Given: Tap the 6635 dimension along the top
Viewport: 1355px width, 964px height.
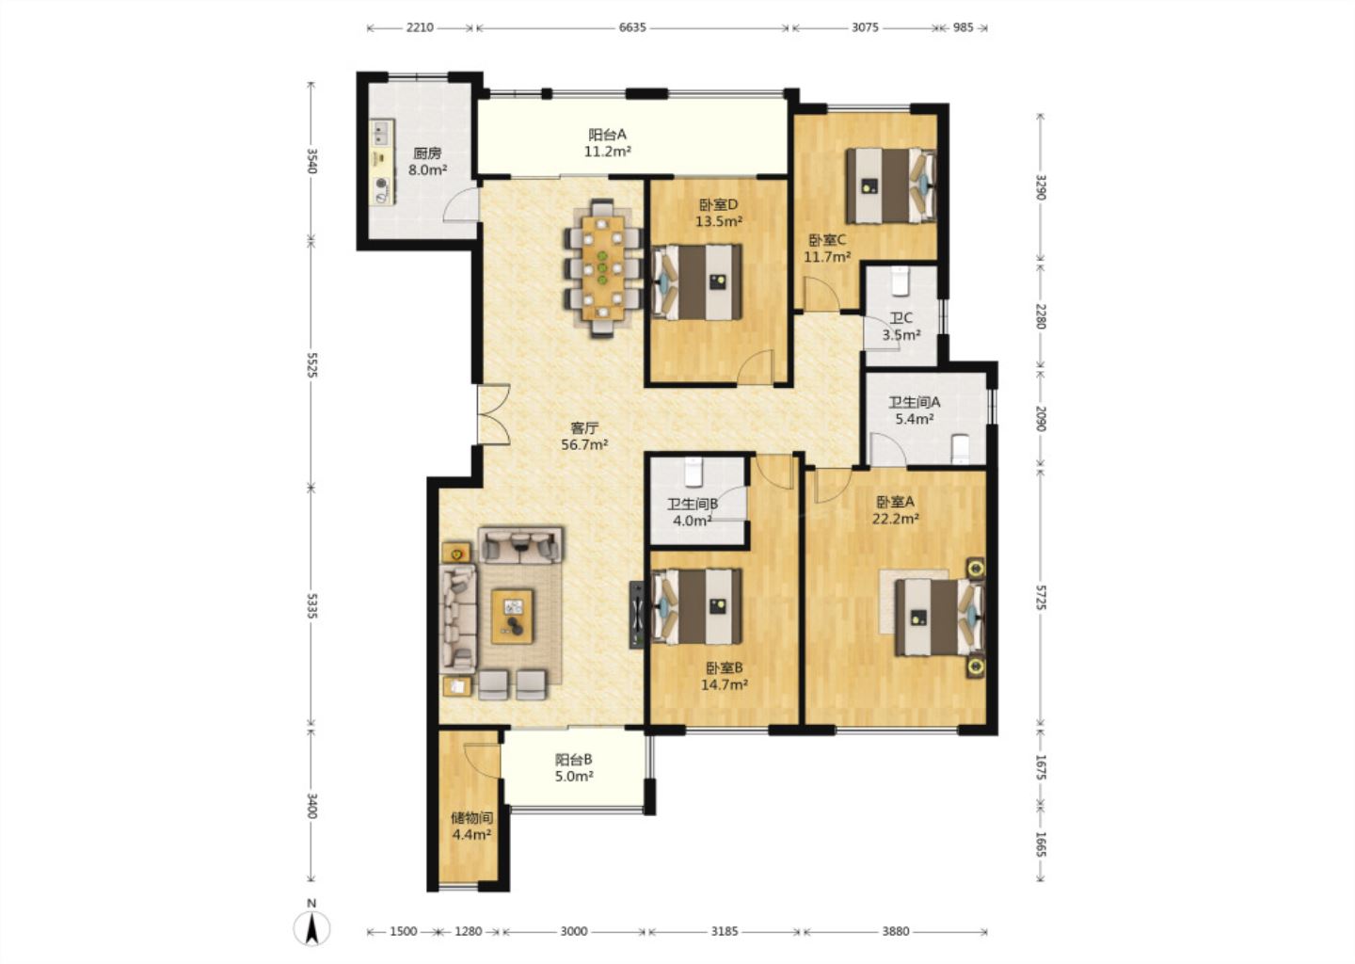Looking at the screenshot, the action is (632, 27).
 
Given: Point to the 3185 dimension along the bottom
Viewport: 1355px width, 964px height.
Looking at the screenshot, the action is (725, 931).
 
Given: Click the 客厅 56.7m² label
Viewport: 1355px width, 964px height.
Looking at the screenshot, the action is (584, 437).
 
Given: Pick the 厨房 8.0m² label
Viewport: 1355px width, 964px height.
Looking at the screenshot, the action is (427, 162).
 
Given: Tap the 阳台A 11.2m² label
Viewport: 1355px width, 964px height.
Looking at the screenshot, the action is (607, 143).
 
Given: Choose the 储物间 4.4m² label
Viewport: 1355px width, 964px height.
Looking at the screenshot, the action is (471, 827).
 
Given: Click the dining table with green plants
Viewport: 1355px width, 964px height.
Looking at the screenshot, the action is (602, 266).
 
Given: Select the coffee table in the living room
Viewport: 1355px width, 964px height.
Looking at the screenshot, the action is (512, 617).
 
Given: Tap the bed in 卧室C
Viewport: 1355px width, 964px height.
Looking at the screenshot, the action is (891, 185).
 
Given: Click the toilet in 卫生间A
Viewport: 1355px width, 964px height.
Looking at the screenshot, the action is (960, 448).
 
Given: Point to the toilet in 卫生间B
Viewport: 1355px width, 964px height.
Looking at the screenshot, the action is (693, 473).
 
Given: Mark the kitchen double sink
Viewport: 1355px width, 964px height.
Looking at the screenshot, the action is (381, 133).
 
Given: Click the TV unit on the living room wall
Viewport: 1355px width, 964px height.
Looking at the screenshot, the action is (636, 615).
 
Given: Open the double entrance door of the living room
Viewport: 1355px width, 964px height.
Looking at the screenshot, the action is (494, 415).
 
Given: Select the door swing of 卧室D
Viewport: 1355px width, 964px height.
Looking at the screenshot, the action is (756, 367).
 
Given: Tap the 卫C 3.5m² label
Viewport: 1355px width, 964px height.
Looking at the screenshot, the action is (901, 326).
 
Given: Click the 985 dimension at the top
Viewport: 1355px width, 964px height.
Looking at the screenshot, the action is (963, 27).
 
